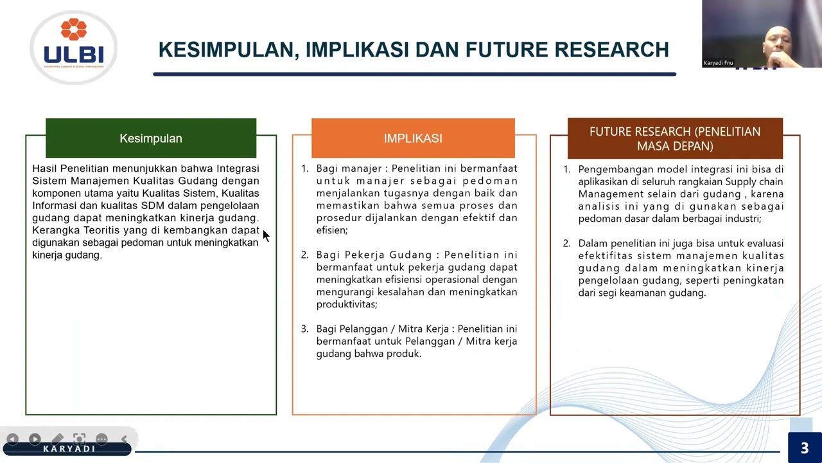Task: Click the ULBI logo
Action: (73, 47)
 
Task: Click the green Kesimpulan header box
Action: (151, 138)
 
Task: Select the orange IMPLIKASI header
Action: (413, 138)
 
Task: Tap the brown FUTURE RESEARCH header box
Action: (675, 138)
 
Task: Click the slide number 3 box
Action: (804, 448)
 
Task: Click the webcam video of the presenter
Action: (762, 33)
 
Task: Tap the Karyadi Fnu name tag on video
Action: (719, 63)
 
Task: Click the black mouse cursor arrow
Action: (266, 236)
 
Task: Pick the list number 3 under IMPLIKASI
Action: (304, 329)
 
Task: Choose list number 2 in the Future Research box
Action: (566, 243)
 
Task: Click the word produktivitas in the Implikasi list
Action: (345, 304)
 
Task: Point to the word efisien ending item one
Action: (331, 230)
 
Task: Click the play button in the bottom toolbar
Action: (35, 439)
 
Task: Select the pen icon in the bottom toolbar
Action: (57, 439)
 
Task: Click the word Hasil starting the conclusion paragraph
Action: (44, 168)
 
